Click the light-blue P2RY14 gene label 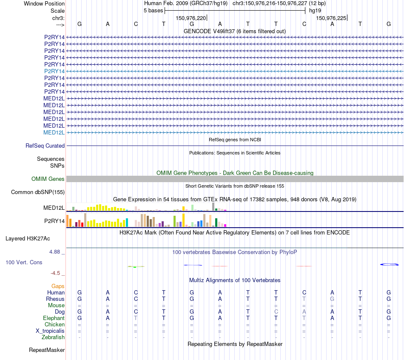point(54,71)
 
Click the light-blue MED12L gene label point(54,132)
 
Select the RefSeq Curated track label point(45,146)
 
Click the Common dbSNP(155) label point(38,192)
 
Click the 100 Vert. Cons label point(24,262)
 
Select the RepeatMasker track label point(47,350)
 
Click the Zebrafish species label point(54,337)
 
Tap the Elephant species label point(54,318)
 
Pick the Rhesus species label point(55,299)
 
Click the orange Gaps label point(58,286)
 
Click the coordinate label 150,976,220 point(191,18)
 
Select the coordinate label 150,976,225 point(331,18)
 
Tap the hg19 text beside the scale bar point(315,10)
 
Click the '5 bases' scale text point(153,10)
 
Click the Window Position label point(44,3)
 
